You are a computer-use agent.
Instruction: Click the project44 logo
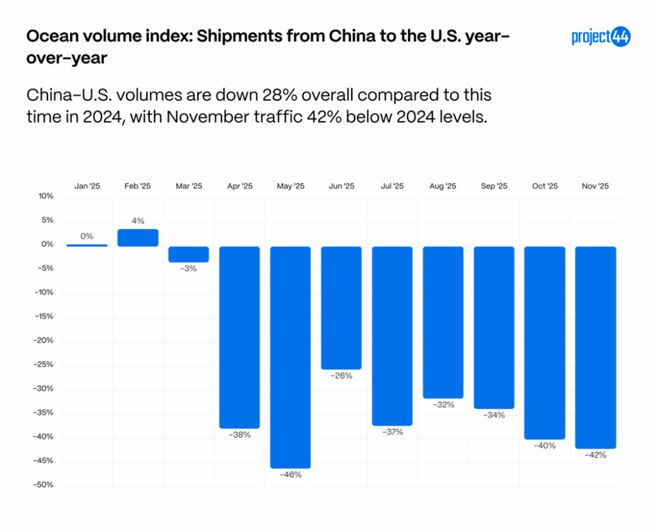(601, 37)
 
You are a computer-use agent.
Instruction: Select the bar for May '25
(290, 357)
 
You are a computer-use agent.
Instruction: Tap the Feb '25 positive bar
(138, 238)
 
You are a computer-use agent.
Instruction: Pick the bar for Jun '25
(341, 308)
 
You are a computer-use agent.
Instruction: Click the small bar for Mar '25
(189, 254)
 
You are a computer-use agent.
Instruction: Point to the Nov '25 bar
(595, 347)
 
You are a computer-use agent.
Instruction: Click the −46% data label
(290, 475)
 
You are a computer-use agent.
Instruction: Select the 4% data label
(138, 221)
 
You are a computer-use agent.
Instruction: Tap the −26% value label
(341, 376)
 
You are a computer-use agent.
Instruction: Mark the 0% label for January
(87, 237)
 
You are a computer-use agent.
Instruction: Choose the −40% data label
(545, 445)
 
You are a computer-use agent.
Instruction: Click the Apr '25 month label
(239, 187)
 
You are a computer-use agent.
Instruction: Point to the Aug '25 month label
(443, 187)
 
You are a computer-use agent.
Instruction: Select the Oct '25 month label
(545, 187)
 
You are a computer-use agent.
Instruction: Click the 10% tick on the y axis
(46, 196)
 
